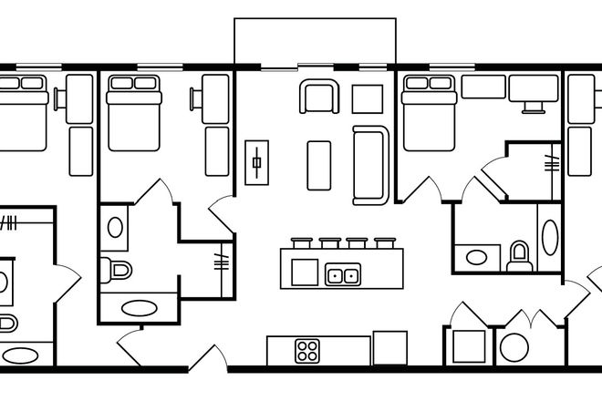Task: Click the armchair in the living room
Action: [320, 96]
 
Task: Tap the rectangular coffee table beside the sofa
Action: [318, 165]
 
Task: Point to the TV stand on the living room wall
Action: [257, 164]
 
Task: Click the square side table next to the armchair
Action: [368, 98]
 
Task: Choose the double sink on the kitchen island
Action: [343, 274]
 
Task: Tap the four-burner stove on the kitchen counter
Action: [307, 350]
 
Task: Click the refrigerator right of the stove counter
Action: [389, 348]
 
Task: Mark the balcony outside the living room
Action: [315, 41]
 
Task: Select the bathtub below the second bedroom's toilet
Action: [138, 307]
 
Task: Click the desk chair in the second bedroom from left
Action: [196, 98]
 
